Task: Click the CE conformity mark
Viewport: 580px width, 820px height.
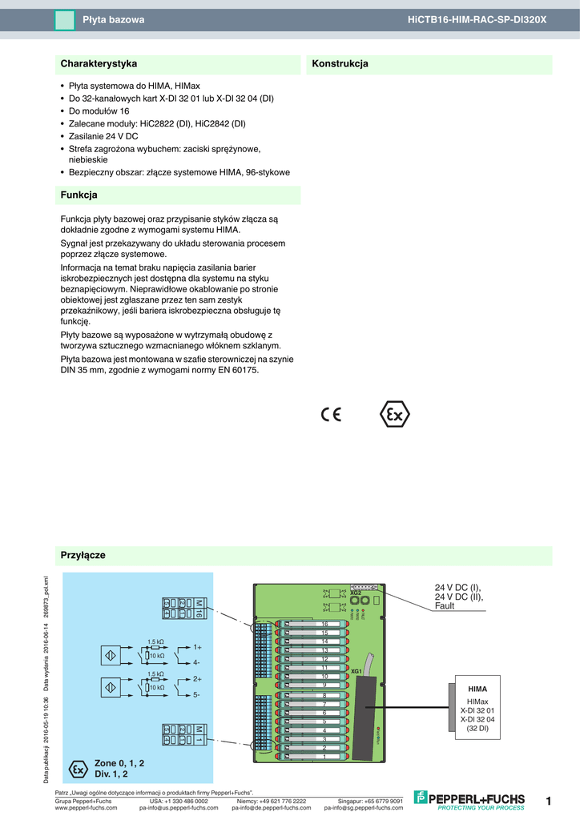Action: (331, 415)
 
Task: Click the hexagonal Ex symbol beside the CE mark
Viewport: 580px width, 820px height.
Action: (393, 415)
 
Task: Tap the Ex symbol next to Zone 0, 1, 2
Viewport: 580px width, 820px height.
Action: (78, 769)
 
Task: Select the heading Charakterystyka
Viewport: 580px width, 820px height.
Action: (99, 63)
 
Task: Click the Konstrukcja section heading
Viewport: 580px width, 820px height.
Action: (340, 63)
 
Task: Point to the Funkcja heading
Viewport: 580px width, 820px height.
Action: (79, 195)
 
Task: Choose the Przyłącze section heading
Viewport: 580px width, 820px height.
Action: (83, 555)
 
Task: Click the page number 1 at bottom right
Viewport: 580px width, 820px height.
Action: (549, 801)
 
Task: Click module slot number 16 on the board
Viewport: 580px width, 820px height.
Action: (324, 624)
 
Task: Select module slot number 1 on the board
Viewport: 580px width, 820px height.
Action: (324, 756)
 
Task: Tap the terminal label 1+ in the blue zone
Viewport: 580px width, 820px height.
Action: (197, 646)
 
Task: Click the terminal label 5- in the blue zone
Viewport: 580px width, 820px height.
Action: (196, 694)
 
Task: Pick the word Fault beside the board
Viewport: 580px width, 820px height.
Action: (445, 606)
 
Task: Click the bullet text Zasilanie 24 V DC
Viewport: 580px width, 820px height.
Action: (103, 136)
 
